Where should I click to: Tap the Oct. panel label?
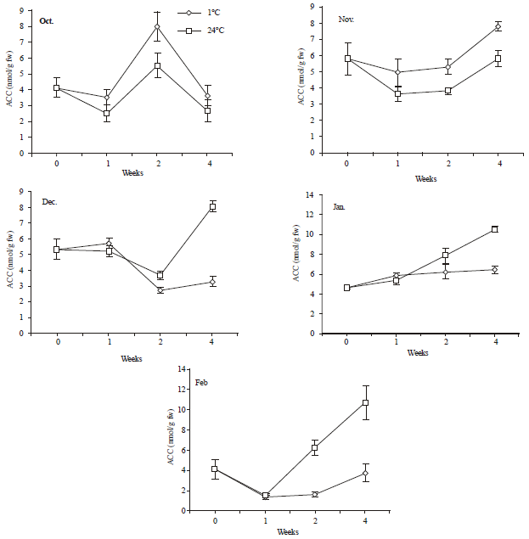(47, 19)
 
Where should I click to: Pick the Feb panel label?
(200, 383)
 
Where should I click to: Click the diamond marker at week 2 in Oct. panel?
(157, 27)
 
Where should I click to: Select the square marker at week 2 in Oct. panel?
(157, 65)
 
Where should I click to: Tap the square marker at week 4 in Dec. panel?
(212, 206)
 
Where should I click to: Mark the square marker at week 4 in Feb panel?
(366, 402)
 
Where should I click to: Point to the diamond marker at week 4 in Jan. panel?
(494, 269)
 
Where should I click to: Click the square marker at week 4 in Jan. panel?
(494, 229)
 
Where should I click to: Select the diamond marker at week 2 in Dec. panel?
(160, 290)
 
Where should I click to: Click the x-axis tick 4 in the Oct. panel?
(207, 163)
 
